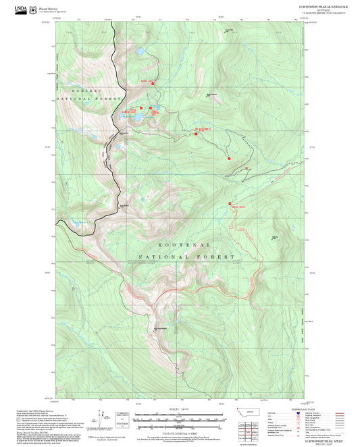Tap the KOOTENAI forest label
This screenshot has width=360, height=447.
[x=184, y=246]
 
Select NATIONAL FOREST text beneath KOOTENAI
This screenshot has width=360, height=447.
[x=185, y=257]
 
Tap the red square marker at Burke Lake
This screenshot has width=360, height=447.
[x=153, y=83]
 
